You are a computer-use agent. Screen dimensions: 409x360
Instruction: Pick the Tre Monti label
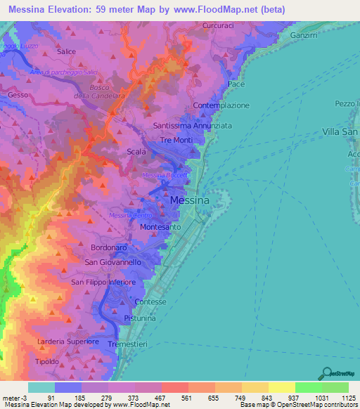pos(176,141)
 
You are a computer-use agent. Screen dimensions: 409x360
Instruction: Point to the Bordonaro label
pos(108,248)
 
